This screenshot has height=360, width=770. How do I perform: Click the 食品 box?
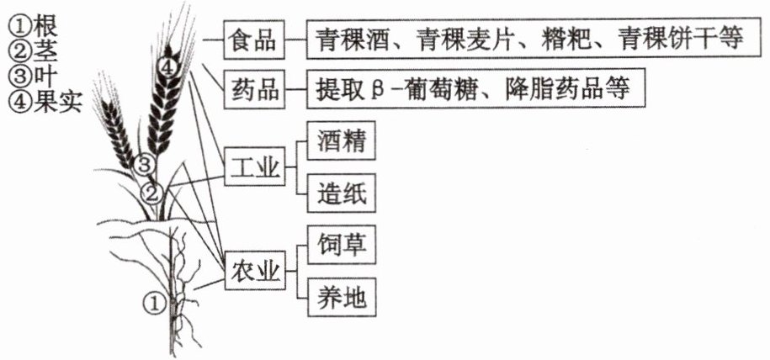(x=254, y=40)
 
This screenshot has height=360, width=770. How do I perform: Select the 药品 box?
(x=254, y=89)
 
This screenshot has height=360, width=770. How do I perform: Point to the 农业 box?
(x=254, y=270)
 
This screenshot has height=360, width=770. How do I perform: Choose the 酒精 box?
(x=342, y=141)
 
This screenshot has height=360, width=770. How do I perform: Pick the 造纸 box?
(x=342, y=193)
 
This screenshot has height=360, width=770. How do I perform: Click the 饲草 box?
(x=342, y=245)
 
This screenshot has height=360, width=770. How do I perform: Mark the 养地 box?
(x=342, y=297)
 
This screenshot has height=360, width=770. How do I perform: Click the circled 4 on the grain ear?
(x=167, y=68)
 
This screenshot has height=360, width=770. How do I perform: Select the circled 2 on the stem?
(x=151, y=193)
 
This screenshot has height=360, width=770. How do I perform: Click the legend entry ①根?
(x=33, y=28)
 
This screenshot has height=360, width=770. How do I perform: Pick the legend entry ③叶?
(x=33, y=77)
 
